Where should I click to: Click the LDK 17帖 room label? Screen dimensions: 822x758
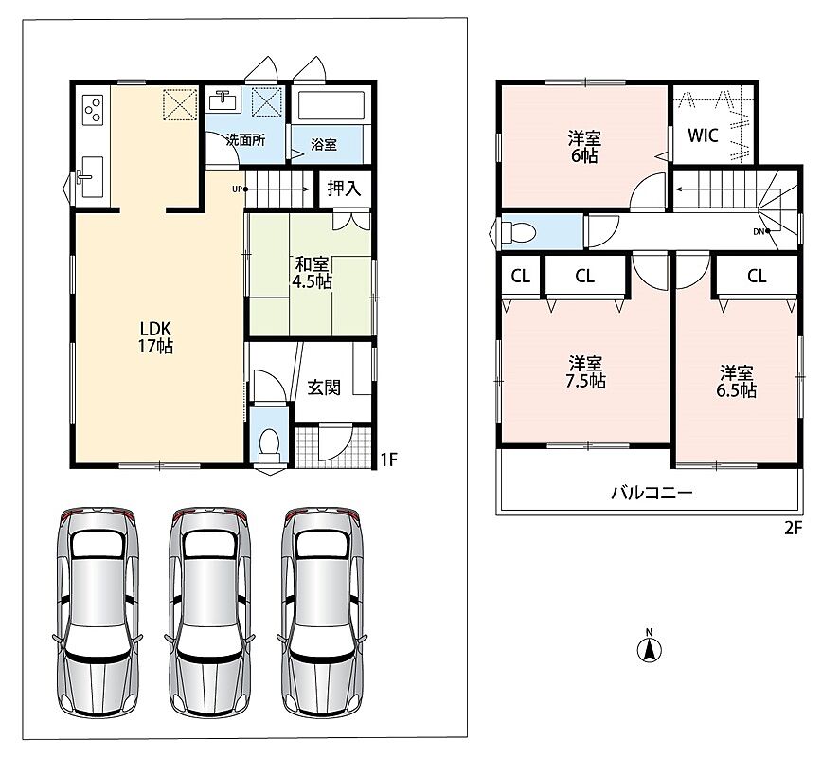coord(155,337)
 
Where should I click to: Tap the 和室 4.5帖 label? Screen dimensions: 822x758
coord(312,273)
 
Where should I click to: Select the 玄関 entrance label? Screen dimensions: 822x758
coord(324,388)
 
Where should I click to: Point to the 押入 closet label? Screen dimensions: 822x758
coord(344,189)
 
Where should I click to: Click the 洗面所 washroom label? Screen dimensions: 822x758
coord(246,140)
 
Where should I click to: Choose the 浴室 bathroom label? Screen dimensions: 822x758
coord(324,144)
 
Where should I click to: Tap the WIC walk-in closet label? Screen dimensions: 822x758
coord(703,135)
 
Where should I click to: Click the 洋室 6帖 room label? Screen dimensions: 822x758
coord(584,148)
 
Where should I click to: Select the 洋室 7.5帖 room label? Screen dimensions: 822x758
coord(585,372)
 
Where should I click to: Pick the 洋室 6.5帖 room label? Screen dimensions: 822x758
coord(736,382)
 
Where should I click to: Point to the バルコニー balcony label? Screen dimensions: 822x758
coord(652,493)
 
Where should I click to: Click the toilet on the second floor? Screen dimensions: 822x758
coord(517,231)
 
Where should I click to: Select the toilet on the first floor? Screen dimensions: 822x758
coord(269,446)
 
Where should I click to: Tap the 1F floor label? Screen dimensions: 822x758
coord(388,460)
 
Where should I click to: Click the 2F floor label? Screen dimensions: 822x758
coord(794,528)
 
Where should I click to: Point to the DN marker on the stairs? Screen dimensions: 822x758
coord(761,231)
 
